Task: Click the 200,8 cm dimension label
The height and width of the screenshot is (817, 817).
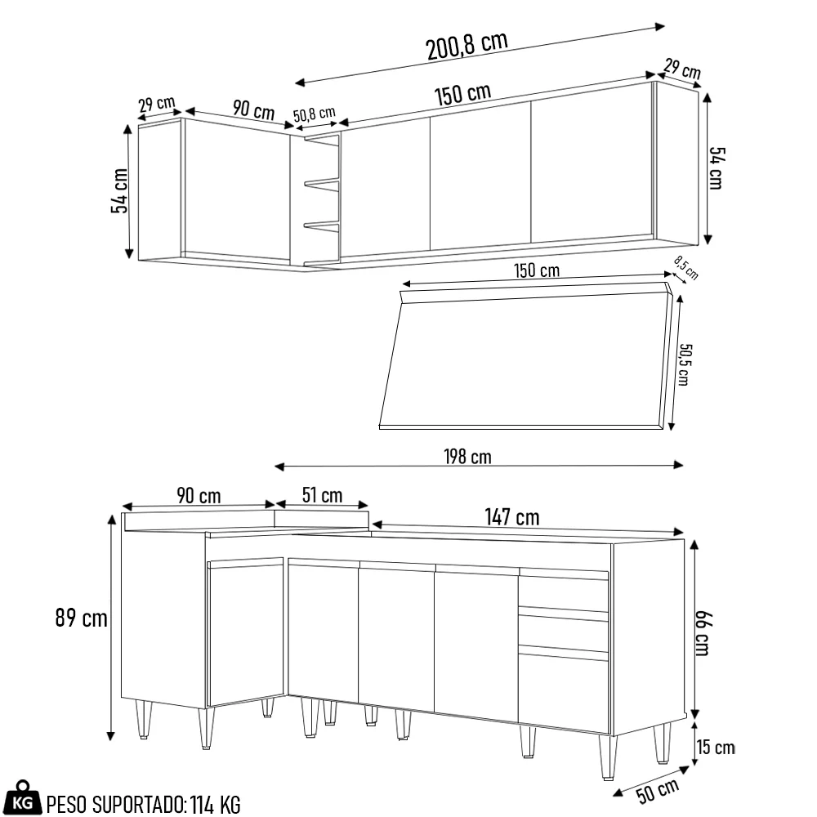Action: click(x=467, y=46)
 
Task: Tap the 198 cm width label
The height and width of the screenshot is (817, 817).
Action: click(x=468, y=457)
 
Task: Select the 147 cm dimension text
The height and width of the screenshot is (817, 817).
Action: click(x=511, y=517)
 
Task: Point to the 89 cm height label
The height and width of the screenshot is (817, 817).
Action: click(x=81, y=618)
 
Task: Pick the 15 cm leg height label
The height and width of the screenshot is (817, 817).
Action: click(x=716, y=748)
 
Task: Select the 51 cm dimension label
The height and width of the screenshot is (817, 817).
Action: click(x=322, y=495)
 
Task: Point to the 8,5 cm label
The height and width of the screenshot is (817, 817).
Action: click(x=686, y=267)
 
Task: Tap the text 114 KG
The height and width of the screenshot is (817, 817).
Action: click(x=216, y=805)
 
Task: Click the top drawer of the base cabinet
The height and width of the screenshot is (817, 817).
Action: click(x=563, y=592)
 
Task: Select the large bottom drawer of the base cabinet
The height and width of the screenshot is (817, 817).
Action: click(x=563, y=693)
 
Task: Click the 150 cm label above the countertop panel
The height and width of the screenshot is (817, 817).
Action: click(x=537, y=270)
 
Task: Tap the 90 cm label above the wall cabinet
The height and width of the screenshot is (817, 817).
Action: click(x=253, y=110)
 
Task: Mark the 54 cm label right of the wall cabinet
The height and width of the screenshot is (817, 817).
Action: click(x=716, y=167)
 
